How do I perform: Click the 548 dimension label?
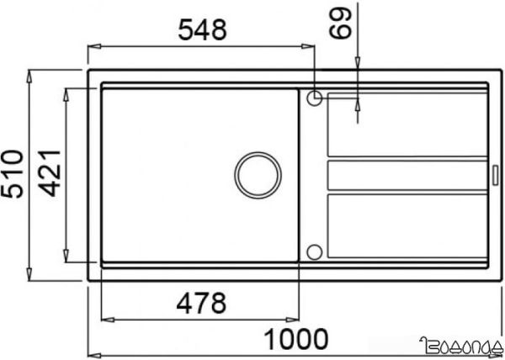[202, 30]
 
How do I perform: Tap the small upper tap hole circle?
[314, 98]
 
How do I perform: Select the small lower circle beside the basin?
[314, 251]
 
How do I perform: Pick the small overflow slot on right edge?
[495, 175]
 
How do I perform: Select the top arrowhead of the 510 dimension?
[31, 73]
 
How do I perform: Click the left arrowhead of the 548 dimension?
[93, 46]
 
